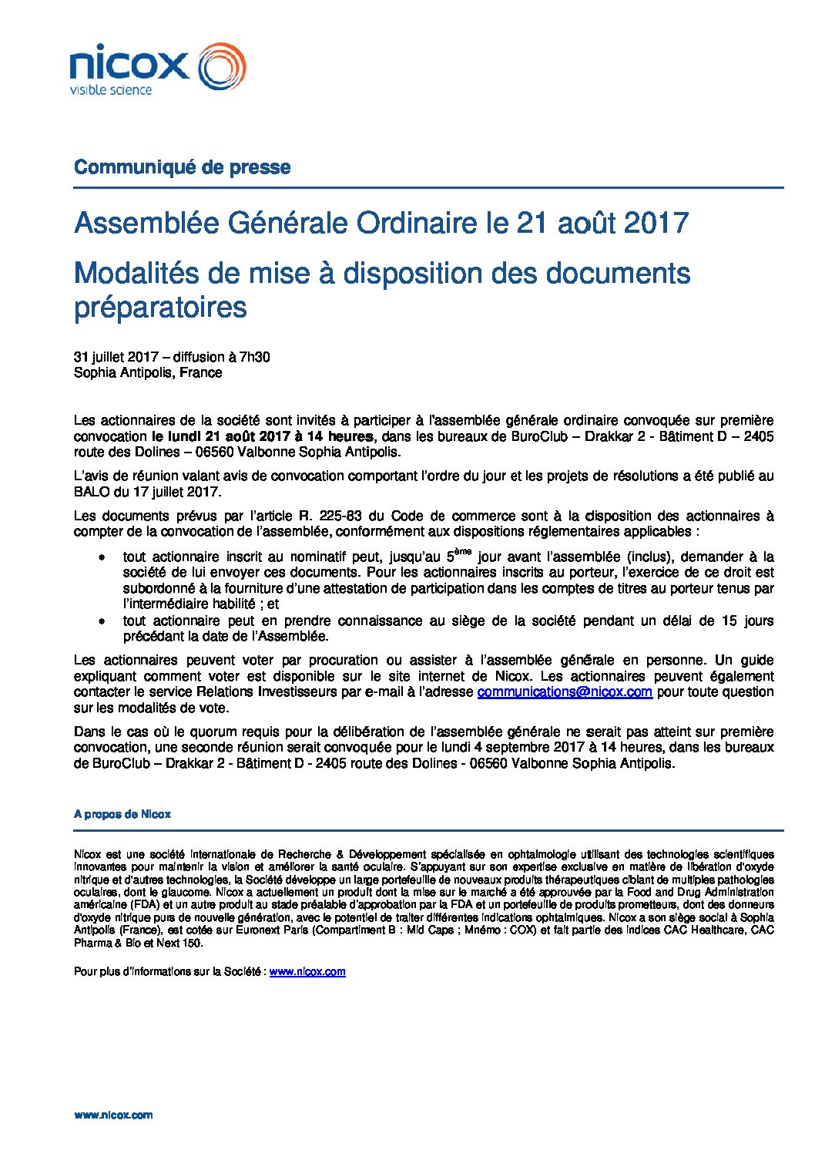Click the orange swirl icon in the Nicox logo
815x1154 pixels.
223,66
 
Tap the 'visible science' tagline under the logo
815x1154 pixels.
111,90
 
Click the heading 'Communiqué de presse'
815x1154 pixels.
182,167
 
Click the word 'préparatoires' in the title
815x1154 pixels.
160,307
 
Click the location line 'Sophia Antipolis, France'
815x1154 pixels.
148,372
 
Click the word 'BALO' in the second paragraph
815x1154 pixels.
91,492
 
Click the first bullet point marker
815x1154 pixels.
101,557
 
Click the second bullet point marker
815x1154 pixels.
101,621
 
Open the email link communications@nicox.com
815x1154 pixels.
565,692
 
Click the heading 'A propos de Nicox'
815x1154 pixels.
122,814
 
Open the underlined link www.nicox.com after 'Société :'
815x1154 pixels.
307,971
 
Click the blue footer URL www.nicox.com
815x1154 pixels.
113,1115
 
